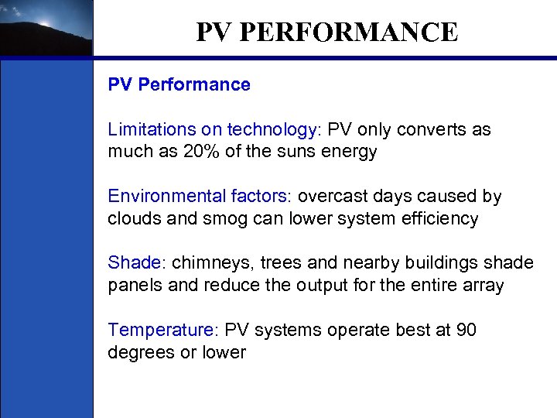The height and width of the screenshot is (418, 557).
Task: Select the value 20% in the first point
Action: click(203, 151)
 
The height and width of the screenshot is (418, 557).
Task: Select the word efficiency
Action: click(439, 219)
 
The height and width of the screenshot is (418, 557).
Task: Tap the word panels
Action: click(135, 286)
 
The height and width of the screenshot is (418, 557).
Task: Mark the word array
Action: click(483, 286)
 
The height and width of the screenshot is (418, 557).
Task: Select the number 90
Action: click(466, 331)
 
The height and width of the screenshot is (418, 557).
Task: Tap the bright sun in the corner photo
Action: click(44, 23)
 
